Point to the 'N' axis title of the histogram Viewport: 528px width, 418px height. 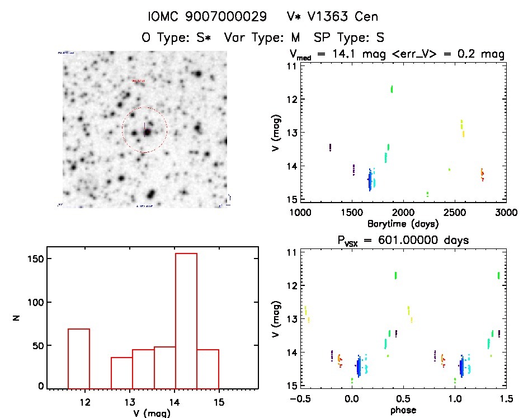pyautogui.click(x=17, y=318)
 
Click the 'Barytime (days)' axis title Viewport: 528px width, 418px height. pyautogui.click(x=403, y=223)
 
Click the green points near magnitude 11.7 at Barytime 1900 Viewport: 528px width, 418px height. pyautogui.click(x=392, y=88)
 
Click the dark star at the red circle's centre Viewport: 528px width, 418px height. pyautogui.click(x=147, y=132)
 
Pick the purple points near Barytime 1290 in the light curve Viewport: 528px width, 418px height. pyautogui.click(x=331, y=147)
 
